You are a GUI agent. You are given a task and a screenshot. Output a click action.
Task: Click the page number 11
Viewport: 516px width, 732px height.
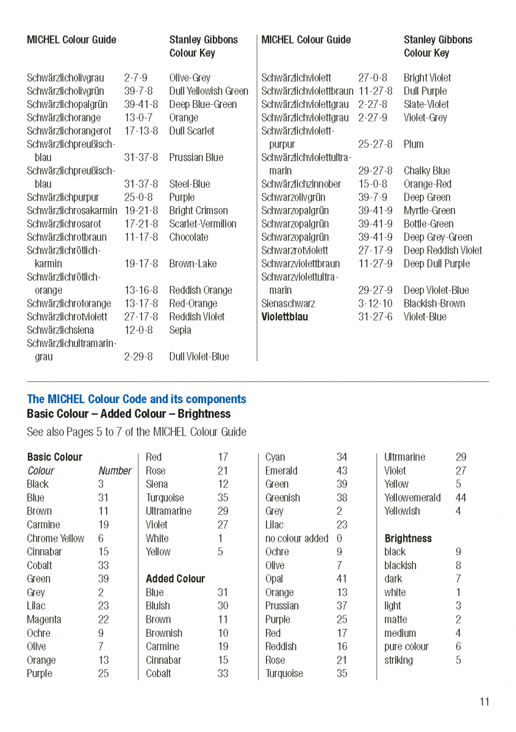pyautogui.click(x=484, y=701)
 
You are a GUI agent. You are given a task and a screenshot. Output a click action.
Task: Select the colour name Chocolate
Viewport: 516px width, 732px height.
pyautogui.click(x=188, y=237)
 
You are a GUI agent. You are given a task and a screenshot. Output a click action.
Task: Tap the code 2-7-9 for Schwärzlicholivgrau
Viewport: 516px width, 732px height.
pyautogui.click(x=135, y=78)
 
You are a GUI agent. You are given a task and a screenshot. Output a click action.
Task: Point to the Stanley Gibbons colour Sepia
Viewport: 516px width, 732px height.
pyautogui.click(x=180, y=330)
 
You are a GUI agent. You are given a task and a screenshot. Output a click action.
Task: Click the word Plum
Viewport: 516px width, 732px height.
pyautogui.click(x=413, y=145)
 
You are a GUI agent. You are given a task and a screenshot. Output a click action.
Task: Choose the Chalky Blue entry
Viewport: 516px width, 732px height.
pyautogui.click(x=426, y=171)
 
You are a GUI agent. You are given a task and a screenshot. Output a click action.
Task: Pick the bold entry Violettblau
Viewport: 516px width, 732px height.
pyautogui.click(x=284, y=317)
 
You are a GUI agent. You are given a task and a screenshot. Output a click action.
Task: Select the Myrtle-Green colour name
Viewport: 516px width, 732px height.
pyautogui.click(x=429, y=210)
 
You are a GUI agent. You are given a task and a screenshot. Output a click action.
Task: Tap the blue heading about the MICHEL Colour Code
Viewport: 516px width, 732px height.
pyautogui.click(x=137, y=400)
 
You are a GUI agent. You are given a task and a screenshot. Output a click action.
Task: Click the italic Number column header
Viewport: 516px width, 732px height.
pyautogui.click(x=115, y=471)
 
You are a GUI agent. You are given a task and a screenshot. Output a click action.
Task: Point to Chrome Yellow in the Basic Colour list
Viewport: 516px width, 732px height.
pyautogui.click(x=56, y=539)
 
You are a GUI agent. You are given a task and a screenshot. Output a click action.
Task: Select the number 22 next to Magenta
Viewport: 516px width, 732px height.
pyautogui.click(x=103, y=620)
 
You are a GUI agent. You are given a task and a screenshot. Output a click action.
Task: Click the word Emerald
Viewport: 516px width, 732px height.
pyautogui.click(x=281, y=471)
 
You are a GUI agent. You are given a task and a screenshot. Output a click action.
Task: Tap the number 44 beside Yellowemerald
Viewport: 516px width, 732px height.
pyautogui.click(x=460, y=498)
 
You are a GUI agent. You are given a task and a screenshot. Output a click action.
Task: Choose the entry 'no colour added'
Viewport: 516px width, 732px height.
pyautogui.click(x=296, y=539)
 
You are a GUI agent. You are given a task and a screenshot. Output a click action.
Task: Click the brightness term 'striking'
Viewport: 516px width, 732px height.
pyautogui.click(x=398, y=660)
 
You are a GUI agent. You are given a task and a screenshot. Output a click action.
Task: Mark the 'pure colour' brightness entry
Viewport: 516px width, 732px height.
pyautogui.click(x=406, y=647)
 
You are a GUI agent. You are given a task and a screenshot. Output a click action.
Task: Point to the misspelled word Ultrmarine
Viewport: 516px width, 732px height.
pyautogui.click(x=404, y=457)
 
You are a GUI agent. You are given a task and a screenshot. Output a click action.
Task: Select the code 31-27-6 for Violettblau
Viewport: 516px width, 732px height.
pyautogui.click(x=375, y=317)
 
